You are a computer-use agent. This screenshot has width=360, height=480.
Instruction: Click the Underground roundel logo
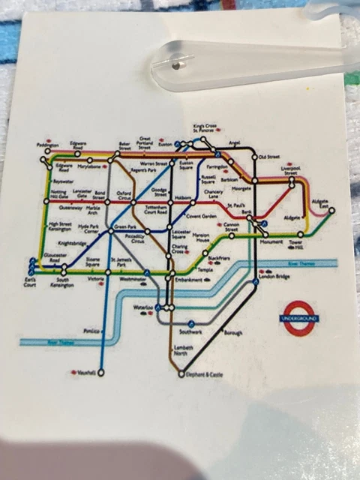[299, 318]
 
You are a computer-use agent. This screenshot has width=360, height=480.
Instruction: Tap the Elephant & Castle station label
[205, 373]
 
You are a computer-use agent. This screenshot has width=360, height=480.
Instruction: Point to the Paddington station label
[47, 145]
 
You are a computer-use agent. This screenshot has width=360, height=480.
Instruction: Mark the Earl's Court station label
[29, 283]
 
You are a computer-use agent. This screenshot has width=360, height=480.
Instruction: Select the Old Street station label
[268, 157]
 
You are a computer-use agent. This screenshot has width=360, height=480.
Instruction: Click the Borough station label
[233, 331]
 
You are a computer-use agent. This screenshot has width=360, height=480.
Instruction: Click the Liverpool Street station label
[290, 171]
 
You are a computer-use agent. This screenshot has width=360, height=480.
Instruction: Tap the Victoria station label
[95, 279]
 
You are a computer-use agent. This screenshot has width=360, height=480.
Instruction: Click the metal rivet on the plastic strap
[174, 65]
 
